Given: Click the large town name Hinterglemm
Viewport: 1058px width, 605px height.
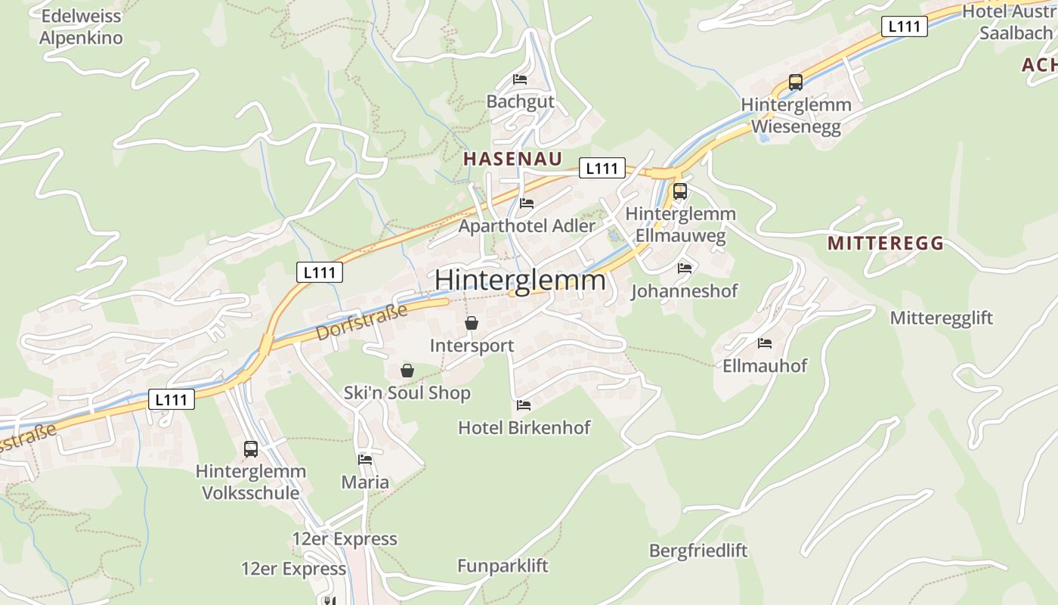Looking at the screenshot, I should tap(520, 280).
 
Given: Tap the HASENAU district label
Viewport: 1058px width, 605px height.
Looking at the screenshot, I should tap(513, 159).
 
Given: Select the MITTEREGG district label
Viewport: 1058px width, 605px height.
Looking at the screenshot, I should tap(886, 244).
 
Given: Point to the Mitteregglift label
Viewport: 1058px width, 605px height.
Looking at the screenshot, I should tap(941, 318).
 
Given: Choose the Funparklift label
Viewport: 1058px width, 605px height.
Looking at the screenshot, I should tap(503, 566).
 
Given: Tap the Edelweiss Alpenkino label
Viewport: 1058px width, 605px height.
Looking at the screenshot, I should tap(81, 26).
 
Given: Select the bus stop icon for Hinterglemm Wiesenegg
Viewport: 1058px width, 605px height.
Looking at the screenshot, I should tap(795, 82).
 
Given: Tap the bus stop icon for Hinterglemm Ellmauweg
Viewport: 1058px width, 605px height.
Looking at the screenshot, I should tap(679, 191).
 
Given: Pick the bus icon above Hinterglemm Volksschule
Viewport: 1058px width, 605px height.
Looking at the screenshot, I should tap(251, 449).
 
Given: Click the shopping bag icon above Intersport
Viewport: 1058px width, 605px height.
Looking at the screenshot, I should tap(472, 324).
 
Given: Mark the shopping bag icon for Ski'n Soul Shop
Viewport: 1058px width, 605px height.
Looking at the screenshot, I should tap(407, 371).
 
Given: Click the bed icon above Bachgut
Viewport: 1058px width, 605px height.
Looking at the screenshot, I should tap(520, 79).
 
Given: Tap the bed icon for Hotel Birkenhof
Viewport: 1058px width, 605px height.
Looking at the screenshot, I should tap(524, 405).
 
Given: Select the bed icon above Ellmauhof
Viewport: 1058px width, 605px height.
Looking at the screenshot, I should tap(765, 343).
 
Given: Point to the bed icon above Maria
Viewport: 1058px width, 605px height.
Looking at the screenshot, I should tap(365, 459).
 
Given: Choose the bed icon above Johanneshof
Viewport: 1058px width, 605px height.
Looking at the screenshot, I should tap(685, 268).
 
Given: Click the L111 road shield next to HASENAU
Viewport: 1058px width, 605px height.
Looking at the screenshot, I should tap(602, 169).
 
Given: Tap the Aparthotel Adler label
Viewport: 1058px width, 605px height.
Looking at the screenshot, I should tap(527, 225).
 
